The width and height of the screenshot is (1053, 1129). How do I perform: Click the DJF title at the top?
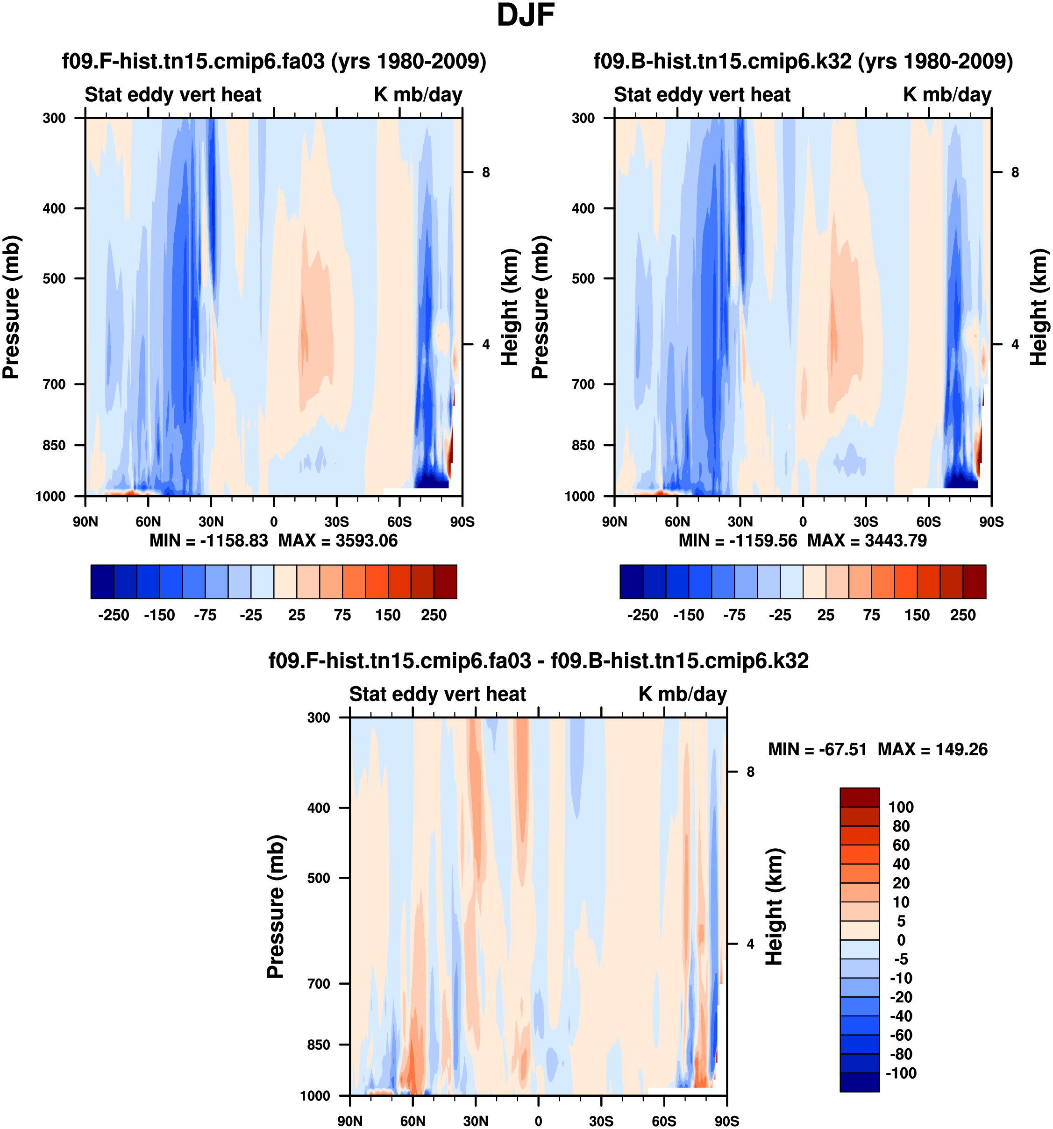pyautogui.click(x=526, y=15)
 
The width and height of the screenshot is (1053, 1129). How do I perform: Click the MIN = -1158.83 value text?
pyautogui.click(x=208, y=540)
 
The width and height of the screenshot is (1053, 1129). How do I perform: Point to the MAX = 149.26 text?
pyautogui.click(x=932, y=749)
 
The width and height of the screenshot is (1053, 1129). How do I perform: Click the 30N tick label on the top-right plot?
pyautogui.click(x=740, y=521)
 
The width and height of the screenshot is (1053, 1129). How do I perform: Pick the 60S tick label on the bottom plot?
pyautogui.click(x=664, y=1121)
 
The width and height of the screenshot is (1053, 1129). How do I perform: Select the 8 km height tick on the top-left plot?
pyautogui.click(x=485, y=172)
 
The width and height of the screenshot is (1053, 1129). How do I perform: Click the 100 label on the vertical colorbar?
pyautogui.click(x=901, y=807)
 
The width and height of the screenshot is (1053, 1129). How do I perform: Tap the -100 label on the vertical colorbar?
pyautogui.click(x=901, y=1073)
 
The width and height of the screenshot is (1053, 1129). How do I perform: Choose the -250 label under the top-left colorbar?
pyautogui.click(x=114, y=615)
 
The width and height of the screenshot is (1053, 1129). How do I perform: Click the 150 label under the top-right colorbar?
pyautogui.click(x=917, y=615)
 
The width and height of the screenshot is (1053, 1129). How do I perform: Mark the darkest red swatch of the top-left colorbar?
pyautogui.click(x=445, y=582)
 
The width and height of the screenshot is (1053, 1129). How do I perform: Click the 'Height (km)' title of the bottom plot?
pyautogui.click(x=774, y=907)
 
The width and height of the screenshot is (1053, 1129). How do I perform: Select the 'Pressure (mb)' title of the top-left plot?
pyautogui.click(x=11, y=307)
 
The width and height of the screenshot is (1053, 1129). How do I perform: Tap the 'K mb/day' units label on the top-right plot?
pyautogui.click(x=947, y=94)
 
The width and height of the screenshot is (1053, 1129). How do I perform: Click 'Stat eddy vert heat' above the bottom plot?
pyautogui.click(x=437, y=694)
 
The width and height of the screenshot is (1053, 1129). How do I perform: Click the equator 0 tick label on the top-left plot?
pyautogui.click(x=274, y=521)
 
